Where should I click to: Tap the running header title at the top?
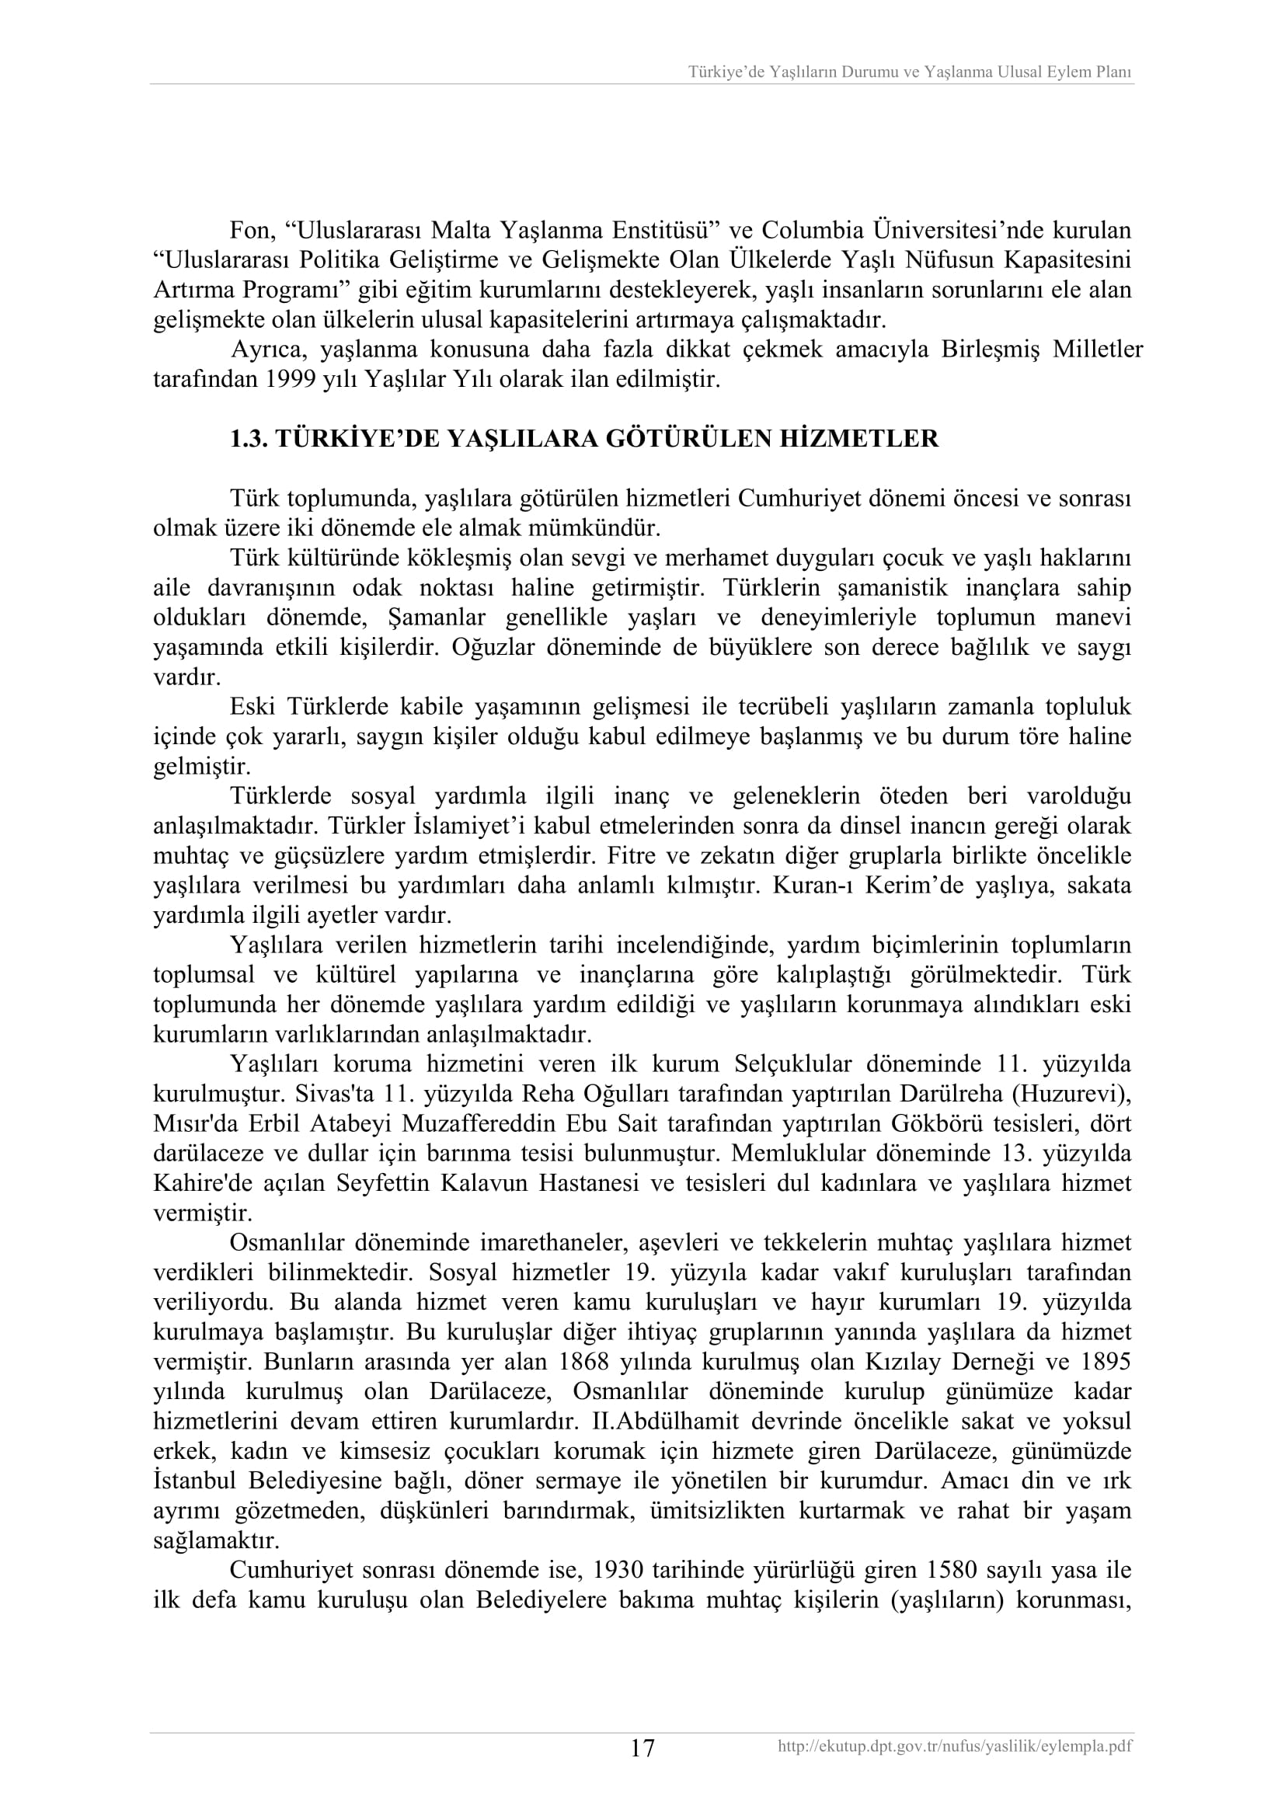pyautogui.click(x=909, y=72)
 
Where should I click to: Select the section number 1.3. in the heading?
pyautogui.click(x=248, y=439)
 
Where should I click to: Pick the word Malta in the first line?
pyautogui.click(x=460, y=231)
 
